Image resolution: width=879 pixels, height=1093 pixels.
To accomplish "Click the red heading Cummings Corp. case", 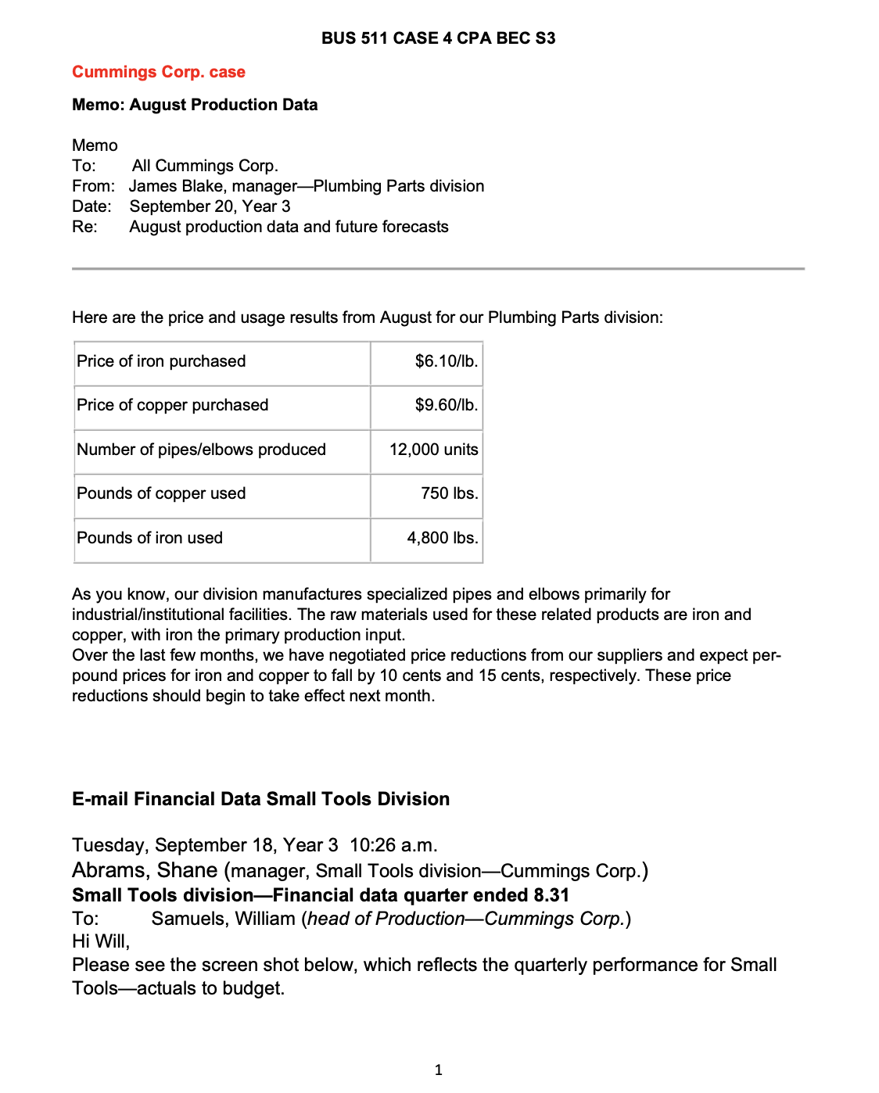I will pyautogui.click(x=159, y=72).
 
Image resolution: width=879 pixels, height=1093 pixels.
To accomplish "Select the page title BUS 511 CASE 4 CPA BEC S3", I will pyautogui.click(x=438, y=38).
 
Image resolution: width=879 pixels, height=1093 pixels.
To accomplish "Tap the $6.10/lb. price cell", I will pyautogui.click(x=446, y=361).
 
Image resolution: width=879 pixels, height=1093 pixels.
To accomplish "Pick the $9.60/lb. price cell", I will pyautogui.click(x=446, y=405).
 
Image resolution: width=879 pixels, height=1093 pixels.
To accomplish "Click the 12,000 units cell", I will pyautogui.click(x=433, y=450).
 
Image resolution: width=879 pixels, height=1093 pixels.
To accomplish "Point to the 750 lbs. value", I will pyautogui.click(x=449, y=493).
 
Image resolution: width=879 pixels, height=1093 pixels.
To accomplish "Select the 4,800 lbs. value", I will pyautogui.click(x=442, y=538).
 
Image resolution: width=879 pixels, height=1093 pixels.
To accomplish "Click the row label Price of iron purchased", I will pyautogui.click(x=161, y=361).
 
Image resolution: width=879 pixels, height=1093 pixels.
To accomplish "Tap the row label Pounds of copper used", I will pyautogui.click(x=161, y=493).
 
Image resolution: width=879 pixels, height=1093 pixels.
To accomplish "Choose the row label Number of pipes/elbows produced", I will pyautogui.click(x=201, y=450).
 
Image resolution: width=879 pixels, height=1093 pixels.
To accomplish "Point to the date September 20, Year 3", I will pyautogui.click(x=210, y=206).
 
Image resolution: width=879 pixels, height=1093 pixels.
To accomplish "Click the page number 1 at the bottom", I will pyautogui.click(x=438, y=1070).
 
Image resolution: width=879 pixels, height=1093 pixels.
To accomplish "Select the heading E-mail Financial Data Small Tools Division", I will pyautogui.click(x=260, y=799).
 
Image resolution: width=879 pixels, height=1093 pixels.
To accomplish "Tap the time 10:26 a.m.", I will pyautogui.click(x=393, y=845).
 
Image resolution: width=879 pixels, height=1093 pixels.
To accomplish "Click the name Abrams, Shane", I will pyautogui.click(x=145, y=870).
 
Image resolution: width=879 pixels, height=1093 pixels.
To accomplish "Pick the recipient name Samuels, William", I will pyautogui.click(x=224, y=919).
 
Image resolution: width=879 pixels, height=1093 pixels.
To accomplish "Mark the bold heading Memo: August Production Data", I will pyautogui.click(x=195, y=105).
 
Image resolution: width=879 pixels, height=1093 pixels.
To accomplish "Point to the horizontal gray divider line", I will pyautogui.click(x=438, y=269).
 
